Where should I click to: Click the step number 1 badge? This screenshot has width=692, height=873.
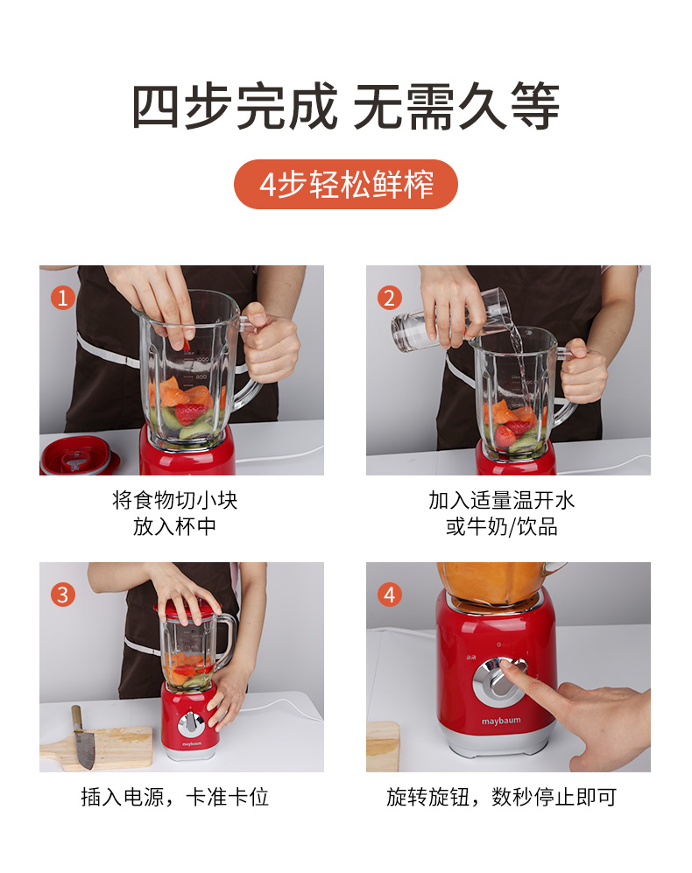(63, 298)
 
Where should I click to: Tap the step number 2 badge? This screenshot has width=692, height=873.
(390, 298)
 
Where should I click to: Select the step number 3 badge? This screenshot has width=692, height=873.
(63, 595)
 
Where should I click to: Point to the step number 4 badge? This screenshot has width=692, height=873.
(390, 595)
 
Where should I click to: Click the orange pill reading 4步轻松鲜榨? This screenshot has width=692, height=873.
(345, 184)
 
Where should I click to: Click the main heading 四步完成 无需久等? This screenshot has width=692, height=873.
(345, 106)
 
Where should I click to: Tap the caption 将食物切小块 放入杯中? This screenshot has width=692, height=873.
(175, 513)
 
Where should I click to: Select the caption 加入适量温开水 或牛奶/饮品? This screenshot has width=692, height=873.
(501, 513)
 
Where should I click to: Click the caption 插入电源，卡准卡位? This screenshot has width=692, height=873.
(175, 798)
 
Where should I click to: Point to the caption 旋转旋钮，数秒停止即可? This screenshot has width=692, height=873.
(501, 798)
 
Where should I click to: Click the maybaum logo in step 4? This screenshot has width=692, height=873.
(501, 721)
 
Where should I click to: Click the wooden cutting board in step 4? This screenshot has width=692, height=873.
(384, 747)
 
